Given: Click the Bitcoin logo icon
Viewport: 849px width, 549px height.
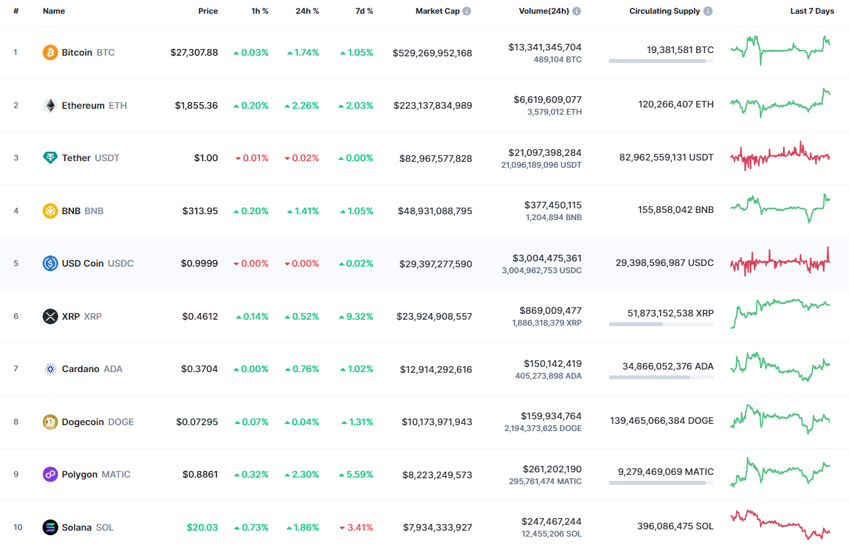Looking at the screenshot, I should coord(50,52).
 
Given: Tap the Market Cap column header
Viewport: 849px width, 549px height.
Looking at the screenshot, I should coord(437,11).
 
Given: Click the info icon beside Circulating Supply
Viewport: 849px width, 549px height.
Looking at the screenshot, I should coord(708,11).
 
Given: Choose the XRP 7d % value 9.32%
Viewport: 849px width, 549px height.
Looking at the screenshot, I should coord(359,316).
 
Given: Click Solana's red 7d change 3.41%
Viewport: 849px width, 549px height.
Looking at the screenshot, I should coord(359,527).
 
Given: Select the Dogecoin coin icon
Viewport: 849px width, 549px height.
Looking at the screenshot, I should coord(50,422).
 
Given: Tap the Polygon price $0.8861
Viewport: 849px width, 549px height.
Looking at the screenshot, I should coord(200,474).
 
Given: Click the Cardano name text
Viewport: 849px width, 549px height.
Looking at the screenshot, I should coord(81,369).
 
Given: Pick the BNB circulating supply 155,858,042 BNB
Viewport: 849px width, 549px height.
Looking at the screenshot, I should coord(676,210).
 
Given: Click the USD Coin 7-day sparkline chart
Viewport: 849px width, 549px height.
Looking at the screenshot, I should coord(780,262).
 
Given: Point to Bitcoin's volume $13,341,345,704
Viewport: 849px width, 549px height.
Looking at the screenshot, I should coord(545,47).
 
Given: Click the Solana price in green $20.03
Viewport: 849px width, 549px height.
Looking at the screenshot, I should coord(202,527).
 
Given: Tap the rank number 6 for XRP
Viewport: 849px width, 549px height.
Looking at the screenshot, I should coord(16,316).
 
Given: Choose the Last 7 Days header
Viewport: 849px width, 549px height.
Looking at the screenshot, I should coord(812,11).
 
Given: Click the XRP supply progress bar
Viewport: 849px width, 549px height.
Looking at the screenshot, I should coord(660,324).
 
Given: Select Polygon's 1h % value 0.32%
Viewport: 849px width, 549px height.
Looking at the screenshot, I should coord(255,474).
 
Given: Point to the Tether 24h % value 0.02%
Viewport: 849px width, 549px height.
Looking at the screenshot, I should coord(306,158).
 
